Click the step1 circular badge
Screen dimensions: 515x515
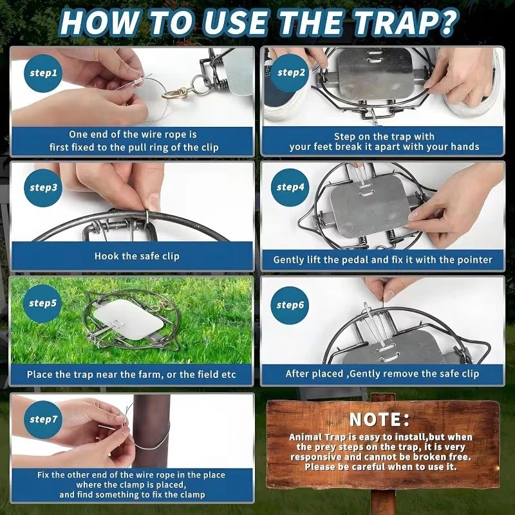(x=44, y=73)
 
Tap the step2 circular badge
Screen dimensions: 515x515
(x=291, y=72)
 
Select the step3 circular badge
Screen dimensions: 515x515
(x=44, y=188)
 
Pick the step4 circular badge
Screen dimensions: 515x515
(x=291, y=188)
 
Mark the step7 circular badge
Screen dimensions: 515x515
(x=44, y=419)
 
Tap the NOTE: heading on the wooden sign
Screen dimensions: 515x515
(x=380, y=420)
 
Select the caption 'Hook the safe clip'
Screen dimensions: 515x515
(x=136, y=256)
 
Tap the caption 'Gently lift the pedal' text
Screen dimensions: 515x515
(x=382, y=260)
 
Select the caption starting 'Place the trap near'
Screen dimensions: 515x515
(x=131, y=374)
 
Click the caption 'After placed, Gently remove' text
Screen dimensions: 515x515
(x=382, y=373)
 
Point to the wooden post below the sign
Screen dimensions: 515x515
(x=384, y=499)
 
